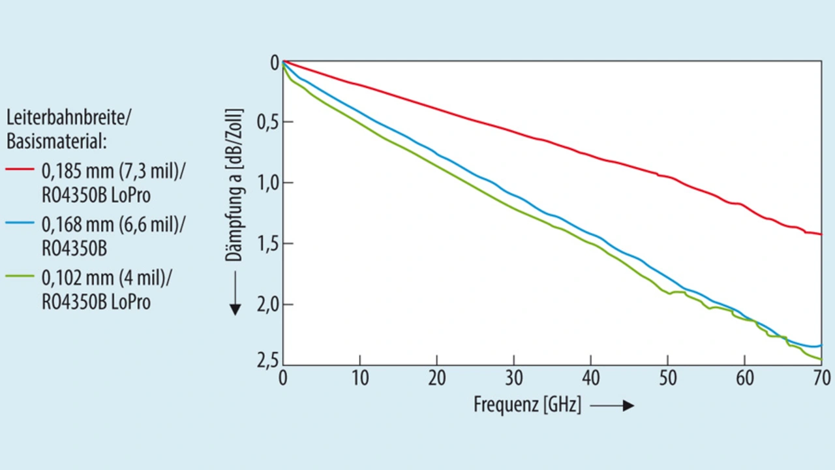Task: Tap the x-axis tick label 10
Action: [359, 379]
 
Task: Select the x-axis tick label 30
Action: [514, 379]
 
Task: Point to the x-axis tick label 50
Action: [667, 379]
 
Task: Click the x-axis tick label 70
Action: [821, 379]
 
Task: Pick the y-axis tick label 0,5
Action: [267, 122]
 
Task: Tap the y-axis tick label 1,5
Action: [267, 244]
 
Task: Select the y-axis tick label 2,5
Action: [267, 360]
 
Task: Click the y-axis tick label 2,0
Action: [267, 305]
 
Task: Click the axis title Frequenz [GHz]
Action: [527, 405]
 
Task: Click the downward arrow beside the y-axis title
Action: [235, 293]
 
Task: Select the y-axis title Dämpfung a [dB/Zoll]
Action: [235, 185]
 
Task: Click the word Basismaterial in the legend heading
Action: [56, 141]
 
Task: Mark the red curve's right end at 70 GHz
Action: [821, 234]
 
